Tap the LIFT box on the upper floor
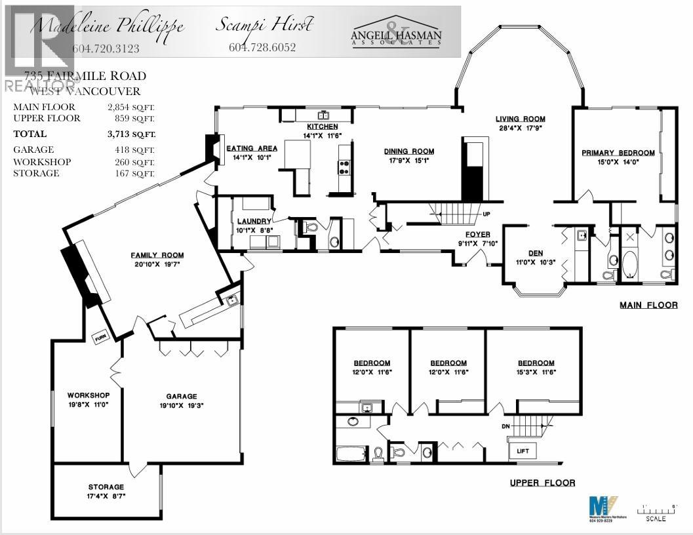point(523,450)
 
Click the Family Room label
point(157,255)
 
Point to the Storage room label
point(106,487)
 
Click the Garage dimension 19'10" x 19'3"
point(182,406)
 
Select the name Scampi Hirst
point(265,26)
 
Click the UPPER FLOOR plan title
point(542,483)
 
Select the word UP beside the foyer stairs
point(486,214)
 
